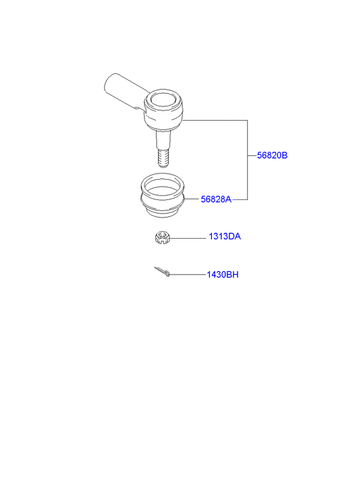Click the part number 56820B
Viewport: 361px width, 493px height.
[272, 155]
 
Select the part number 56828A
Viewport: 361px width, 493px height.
[216, 199]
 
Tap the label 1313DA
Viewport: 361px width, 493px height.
[225, 237]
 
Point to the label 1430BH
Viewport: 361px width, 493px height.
[223, 275]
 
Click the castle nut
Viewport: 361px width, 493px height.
[162, 238]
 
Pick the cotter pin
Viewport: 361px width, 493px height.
[162, 272]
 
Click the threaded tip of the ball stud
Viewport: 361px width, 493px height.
[164, 157]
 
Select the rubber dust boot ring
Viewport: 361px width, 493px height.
[162, 195]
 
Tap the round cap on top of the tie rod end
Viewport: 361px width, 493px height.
[163, 98]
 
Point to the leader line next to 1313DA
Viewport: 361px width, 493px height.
[188, 238]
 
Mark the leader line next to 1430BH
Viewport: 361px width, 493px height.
[188, 275]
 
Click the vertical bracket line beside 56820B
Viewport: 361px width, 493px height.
[248, 160]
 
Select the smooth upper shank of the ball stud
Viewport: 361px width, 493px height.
[164, 139]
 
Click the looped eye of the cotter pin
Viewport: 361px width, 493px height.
[168, 275]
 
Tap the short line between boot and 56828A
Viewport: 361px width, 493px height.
[193, 199]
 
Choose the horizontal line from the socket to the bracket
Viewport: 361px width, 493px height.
[215, 120]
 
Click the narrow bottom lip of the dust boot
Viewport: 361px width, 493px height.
[162, 214]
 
